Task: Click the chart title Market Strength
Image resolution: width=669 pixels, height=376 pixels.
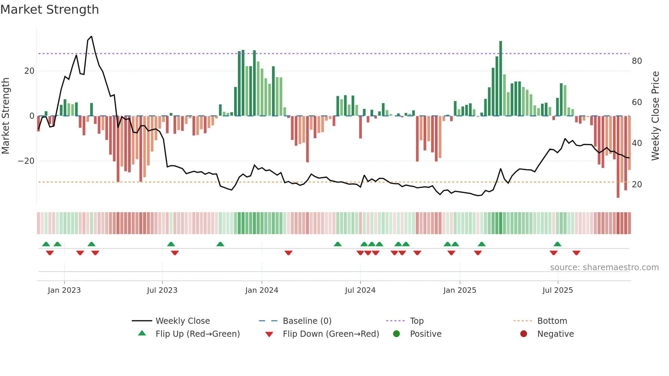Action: click(x=49, y=10)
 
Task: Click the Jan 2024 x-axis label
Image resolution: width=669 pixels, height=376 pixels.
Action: click(x=261, y=290)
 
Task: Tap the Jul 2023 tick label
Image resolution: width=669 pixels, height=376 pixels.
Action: click(x=162, y=290)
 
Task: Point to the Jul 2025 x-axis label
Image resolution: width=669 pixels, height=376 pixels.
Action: click(x=557, y=290)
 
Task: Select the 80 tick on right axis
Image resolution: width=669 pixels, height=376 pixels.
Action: click(x=637, y=61)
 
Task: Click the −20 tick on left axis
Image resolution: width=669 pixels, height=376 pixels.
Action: click(x=26, y=161)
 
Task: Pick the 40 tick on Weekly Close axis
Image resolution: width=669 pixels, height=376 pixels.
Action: click(x=637, y=143)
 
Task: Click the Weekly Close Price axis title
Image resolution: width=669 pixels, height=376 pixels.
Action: click(x=655, y=116)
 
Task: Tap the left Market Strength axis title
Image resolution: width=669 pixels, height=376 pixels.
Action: click(x=5, y=116)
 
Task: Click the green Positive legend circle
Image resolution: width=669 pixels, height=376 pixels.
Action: click(x=396, y=334)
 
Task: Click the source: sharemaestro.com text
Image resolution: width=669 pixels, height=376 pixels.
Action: click(x=604, y=267)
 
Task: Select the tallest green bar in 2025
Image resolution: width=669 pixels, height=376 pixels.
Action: click(x=500, y=78)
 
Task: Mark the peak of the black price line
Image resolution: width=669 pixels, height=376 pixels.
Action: click(x=91, y=37)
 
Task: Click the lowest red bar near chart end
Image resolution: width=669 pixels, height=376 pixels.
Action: click(x=618, y=157)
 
